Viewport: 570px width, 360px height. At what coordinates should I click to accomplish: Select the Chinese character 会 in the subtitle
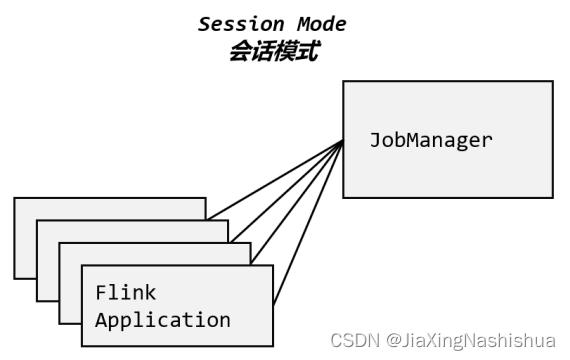pyautogui.click(x=239, y=51)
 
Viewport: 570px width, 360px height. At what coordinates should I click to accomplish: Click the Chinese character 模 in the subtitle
pyautogui.click(x=284, y=51)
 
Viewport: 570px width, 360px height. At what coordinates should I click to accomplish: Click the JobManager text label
pyautogui.click(x=431, y=140)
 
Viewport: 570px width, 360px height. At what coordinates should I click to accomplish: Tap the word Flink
pyautogui.click(x=126, y=293)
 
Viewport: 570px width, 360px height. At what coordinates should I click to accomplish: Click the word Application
pyautogui.click(x=162, y=321)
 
